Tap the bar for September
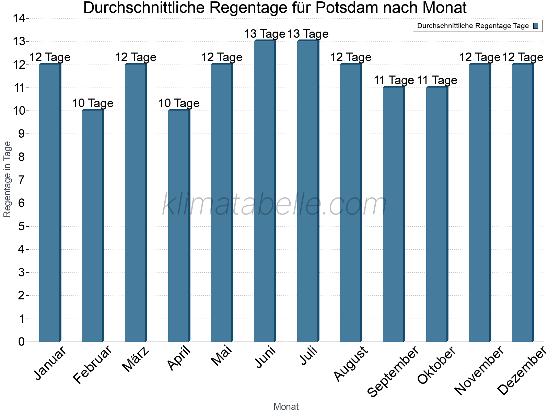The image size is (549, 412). click(394, 214)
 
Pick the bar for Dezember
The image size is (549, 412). click(523, 203)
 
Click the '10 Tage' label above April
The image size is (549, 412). click(179, 103)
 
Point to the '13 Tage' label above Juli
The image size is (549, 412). click(308, 34)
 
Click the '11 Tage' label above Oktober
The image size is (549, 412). click(437, 80)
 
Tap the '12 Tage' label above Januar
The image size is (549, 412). click(50, 57)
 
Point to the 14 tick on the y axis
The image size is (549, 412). click(19, 19)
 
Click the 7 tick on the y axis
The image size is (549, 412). click(22, 180)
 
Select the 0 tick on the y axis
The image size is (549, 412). click(22, 342)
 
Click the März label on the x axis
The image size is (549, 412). click(136, 359)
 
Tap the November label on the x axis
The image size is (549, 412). click(479, 370)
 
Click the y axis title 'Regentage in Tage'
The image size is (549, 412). click(7, 179)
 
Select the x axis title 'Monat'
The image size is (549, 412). click(286, 407)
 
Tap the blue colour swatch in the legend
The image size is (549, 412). click(536, 26)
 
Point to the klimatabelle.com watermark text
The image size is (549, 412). click(274, 204)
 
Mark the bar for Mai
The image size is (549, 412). click(222, 203)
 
